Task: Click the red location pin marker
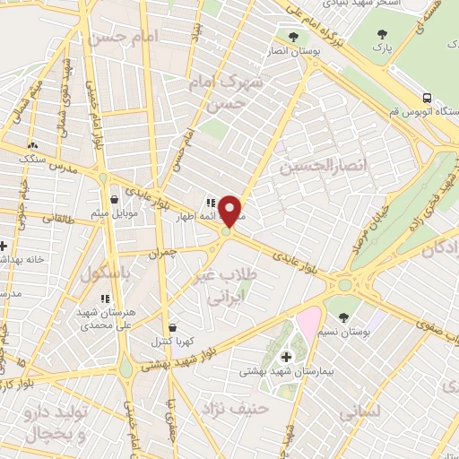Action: pos(230,211)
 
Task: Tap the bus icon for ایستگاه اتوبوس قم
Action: pos(427,98)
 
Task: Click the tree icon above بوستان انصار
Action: pos(293,37)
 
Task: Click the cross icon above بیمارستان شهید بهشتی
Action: pos(286,357)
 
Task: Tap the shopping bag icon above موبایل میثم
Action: pos(115,200)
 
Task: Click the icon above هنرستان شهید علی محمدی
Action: pos(105,299)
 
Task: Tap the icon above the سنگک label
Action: pos(33,143)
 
